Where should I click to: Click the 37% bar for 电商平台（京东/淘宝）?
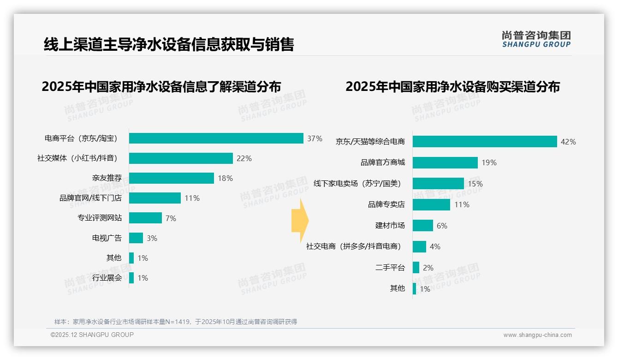click(216, 138)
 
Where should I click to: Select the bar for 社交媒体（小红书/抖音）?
click(181, 158)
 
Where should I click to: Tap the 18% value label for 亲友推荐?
click(226, 178)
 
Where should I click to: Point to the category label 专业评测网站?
click(100, 218)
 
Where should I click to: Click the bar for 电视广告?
click(136, 238)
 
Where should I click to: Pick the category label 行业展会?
click(107, 278)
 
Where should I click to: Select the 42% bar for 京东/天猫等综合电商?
click(485, 142)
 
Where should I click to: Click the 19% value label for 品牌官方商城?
click(489, 162)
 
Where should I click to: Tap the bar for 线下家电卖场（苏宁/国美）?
click(438, 184)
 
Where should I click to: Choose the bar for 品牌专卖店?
click(431, 204)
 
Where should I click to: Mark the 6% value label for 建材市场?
click(442, 226)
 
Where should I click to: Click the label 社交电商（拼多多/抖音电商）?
click(354, 246)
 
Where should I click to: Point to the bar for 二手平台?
click(416, 268)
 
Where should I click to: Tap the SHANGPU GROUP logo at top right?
click(536, 39)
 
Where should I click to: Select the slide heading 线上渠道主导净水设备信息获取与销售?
click(169, 44)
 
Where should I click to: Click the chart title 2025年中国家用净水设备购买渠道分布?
click(452, 86)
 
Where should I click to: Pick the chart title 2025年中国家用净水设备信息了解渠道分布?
click(161, 86)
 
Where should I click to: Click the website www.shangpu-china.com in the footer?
click(537, 335)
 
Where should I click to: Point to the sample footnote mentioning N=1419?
click(176, 322)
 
